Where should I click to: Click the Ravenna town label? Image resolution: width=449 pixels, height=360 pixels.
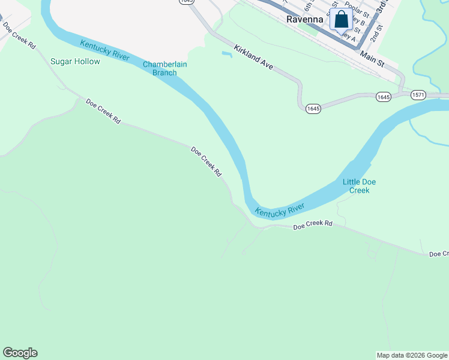tap(304, 19)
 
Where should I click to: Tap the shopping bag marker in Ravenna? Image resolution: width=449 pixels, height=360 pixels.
tap(341, 19)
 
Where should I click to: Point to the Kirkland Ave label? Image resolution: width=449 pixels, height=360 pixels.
tap(253, 58)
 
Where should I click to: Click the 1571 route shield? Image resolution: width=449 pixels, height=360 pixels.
tap(418, 95)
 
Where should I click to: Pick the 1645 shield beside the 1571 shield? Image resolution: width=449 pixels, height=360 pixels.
tap(384, 96)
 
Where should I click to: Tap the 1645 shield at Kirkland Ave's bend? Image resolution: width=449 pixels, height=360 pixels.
tap(313, 109)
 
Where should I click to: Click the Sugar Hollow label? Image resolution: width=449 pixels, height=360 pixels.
tap(75, 61)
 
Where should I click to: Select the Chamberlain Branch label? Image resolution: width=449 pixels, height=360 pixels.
tap(160, 68)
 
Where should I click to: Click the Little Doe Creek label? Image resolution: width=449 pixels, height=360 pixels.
tap(360, 186)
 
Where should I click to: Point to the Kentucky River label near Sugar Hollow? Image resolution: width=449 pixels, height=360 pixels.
tap(105, 50)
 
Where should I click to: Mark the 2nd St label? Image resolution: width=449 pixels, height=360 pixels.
tap(376, 34)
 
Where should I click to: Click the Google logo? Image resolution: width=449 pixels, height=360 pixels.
tap(20, 353)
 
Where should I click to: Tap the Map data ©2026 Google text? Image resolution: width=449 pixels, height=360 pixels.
tap(412, 355)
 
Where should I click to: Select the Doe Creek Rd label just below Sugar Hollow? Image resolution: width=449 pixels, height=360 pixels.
tap(103, 112)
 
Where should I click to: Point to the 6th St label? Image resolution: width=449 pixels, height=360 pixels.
tap(309, 6)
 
